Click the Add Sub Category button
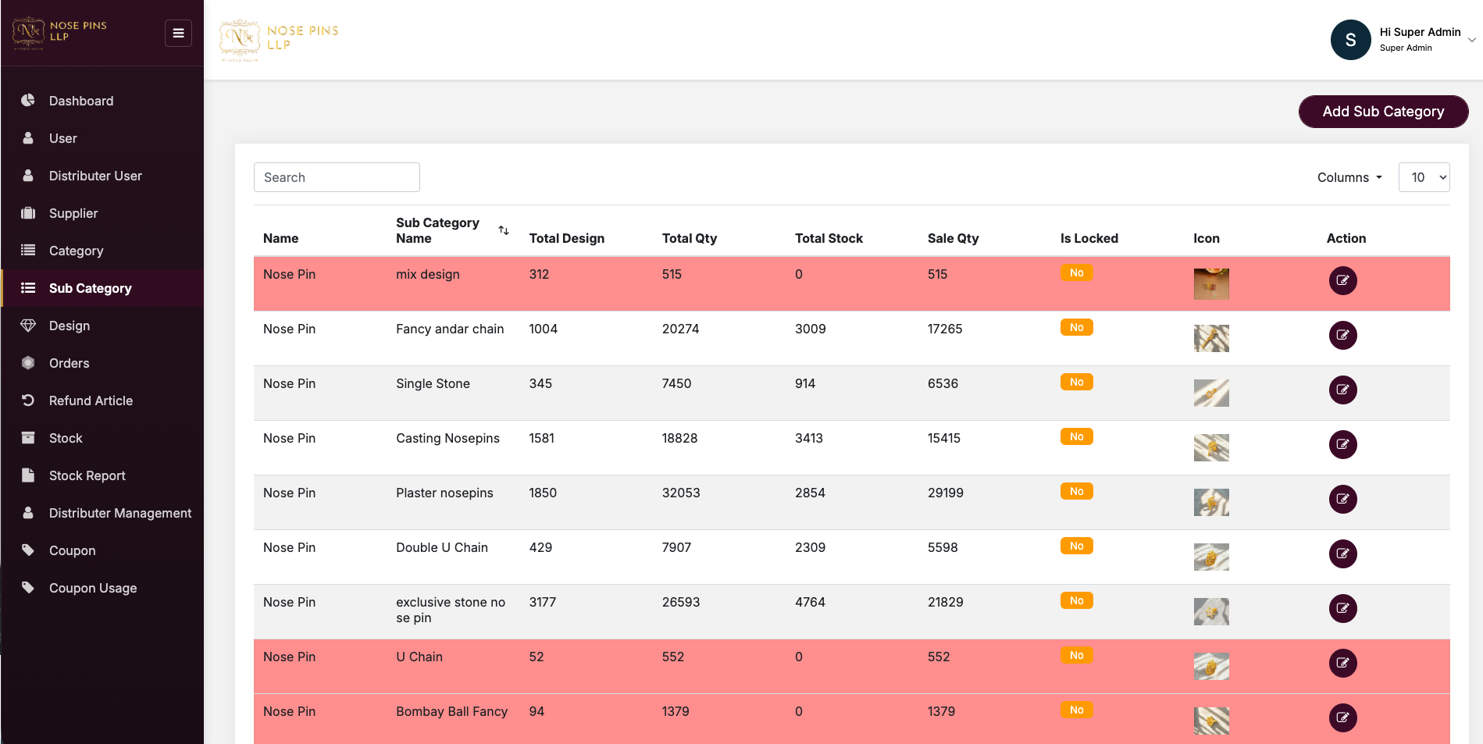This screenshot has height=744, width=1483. coord(1383,112)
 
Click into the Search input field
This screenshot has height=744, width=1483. coord(337,177)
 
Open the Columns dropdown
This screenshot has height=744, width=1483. coord(1349,177)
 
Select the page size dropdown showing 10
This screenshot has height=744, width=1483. coord(1424,177)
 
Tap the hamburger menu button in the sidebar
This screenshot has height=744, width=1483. coord(178,33)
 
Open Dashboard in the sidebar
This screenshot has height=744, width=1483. coord(80,101)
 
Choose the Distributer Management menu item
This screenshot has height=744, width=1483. coord(119,513)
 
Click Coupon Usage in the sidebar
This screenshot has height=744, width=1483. coord(92,588)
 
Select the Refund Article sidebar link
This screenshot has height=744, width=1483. coord(91,400)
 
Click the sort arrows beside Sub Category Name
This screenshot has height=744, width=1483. coord(504,230)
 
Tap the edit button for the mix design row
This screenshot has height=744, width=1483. coord(1342,280)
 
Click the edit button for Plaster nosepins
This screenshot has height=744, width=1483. coord(1342,499)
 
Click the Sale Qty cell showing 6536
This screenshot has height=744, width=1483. coord(943,383)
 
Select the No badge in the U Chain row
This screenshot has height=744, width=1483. coord(1076,655)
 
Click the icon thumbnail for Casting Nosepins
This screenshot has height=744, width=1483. coord(1211,447)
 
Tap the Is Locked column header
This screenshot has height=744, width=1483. coord(1089,238)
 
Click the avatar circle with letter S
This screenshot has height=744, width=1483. coord(1350,40)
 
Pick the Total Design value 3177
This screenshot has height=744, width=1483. coord(542,602)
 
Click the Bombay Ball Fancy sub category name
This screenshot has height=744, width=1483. coord(451,711)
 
